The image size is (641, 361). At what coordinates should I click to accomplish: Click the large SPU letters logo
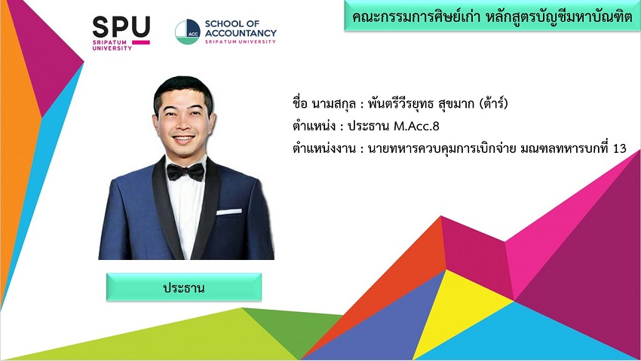pos(121,26)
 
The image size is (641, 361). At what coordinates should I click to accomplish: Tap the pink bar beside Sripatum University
pos(141,42)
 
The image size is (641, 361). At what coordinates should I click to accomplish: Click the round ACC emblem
pos(187,32)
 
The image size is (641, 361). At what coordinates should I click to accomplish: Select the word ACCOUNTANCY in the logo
pos(241,32)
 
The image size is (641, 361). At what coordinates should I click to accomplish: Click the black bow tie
pos(186,172)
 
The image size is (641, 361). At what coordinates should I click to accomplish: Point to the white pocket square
pos(229,212)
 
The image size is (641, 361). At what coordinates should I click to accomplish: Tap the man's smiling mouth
pos(183,139)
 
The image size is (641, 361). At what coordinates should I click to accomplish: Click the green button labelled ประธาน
pos(184,287)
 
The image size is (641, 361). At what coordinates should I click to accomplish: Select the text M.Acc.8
pos(416,126)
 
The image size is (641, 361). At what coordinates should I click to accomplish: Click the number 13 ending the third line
pos(620,148)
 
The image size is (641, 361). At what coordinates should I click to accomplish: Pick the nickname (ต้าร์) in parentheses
pos(493,103)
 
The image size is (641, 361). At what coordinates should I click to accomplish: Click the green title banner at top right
pos(492,16)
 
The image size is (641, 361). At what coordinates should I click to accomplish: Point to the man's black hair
pos(183,87)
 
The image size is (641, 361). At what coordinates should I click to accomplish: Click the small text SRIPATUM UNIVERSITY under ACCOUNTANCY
pos(241,41)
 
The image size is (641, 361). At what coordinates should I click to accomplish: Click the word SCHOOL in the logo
pos(221,23)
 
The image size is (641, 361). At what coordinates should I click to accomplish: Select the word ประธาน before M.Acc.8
pos(368,126)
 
